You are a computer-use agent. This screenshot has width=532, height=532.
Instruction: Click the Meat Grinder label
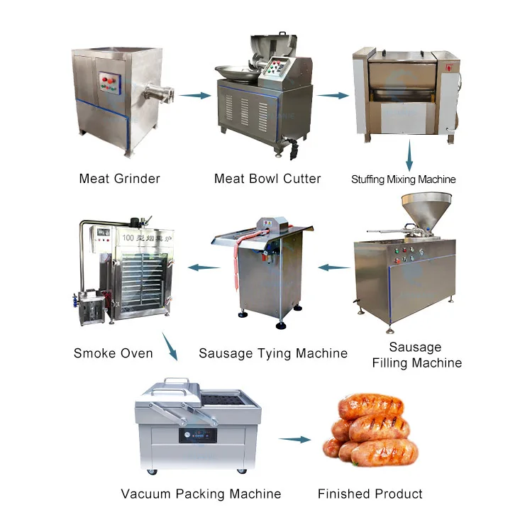tap(119, 178)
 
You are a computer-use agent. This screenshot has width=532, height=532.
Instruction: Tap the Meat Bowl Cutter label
tap(267, 178)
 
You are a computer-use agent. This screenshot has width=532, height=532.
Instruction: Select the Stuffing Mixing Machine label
tap(404, 179)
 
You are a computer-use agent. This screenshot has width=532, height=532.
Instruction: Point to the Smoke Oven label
tap(113, 353)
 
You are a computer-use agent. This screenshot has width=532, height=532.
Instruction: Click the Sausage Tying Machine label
tap(273, 353)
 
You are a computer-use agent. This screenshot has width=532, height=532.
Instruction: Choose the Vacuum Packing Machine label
tap(201, 494)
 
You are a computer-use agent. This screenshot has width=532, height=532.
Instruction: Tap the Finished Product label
tap(370, 494)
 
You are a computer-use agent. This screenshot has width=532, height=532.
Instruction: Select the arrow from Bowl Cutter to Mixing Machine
tap(332, 94)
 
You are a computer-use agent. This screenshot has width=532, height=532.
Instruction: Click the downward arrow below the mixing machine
tap(409, 155)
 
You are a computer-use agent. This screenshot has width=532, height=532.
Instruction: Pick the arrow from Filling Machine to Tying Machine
tap(333, 268)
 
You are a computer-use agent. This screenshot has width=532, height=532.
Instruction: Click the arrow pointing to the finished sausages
tap(294, 440)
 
